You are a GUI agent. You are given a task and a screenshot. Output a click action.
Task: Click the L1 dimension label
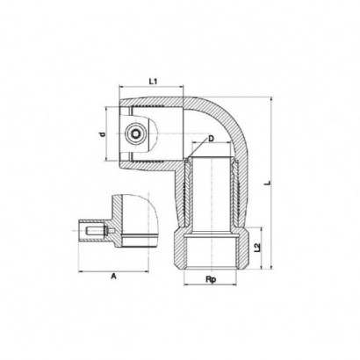click(153, 82)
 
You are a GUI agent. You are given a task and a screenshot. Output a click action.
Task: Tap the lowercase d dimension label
click(103, 134)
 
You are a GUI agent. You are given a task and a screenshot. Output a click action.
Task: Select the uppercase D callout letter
click(211, 138)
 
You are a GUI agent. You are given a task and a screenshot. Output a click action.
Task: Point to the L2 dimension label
click(257, 248)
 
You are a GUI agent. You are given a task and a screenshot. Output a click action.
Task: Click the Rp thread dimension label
click(211, 279)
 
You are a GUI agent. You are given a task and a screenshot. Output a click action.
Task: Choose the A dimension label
click(113, 276)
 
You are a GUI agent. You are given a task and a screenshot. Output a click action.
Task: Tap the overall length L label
click(267, 183)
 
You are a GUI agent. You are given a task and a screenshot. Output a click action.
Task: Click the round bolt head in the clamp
click(135, 134)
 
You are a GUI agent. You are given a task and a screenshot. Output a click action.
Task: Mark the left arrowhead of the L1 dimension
click(121, 86)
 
